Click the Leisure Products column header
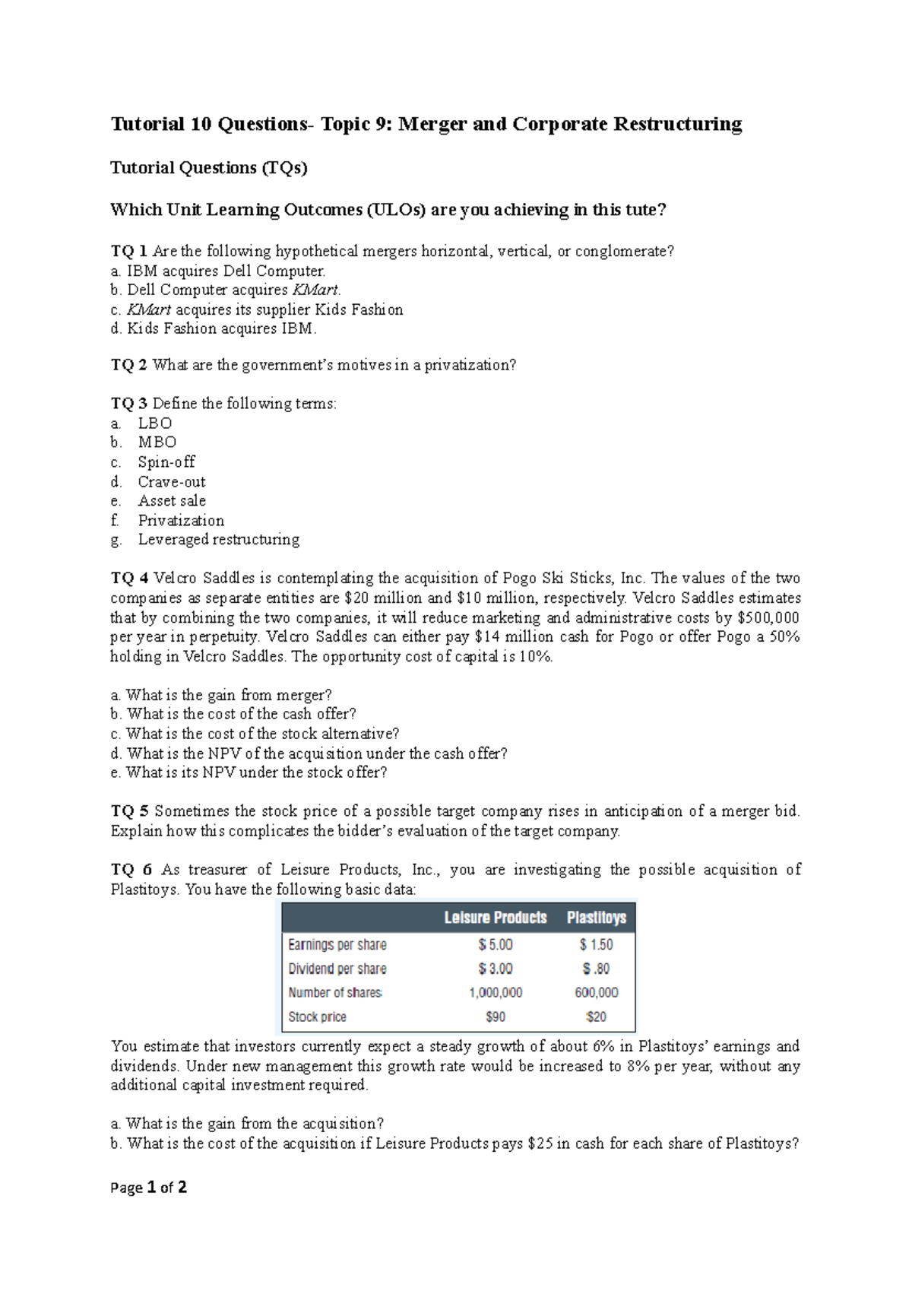496,918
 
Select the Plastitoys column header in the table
597,918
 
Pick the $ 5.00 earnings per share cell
496,944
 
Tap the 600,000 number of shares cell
597,992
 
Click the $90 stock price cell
496,1017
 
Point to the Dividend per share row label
337,969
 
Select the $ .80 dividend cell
597,969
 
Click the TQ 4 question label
129,579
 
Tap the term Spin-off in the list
166,462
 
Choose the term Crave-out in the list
172,482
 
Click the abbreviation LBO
155,423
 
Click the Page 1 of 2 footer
149,1188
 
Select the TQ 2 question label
128,365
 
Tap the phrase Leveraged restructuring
219,540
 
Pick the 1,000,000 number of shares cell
496,992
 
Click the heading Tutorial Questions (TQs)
209,168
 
